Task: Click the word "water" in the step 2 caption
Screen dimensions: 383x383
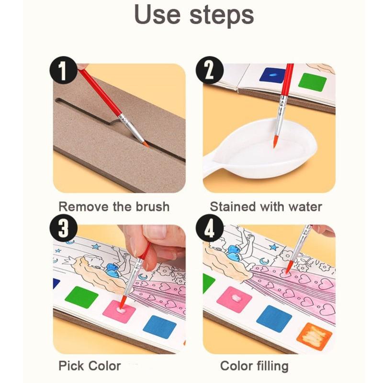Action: (304, 207)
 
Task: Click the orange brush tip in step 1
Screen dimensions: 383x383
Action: (145, 143)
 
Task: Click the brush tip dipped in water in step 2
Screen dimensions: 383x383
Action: (275, 142)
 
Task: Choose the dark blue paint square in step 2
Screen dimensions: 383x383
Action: (272, 75)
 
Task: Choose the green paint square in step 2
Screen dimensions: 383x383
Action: (312, 82)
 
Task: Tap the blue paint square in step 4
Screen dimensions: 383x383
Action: (274, 318)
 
